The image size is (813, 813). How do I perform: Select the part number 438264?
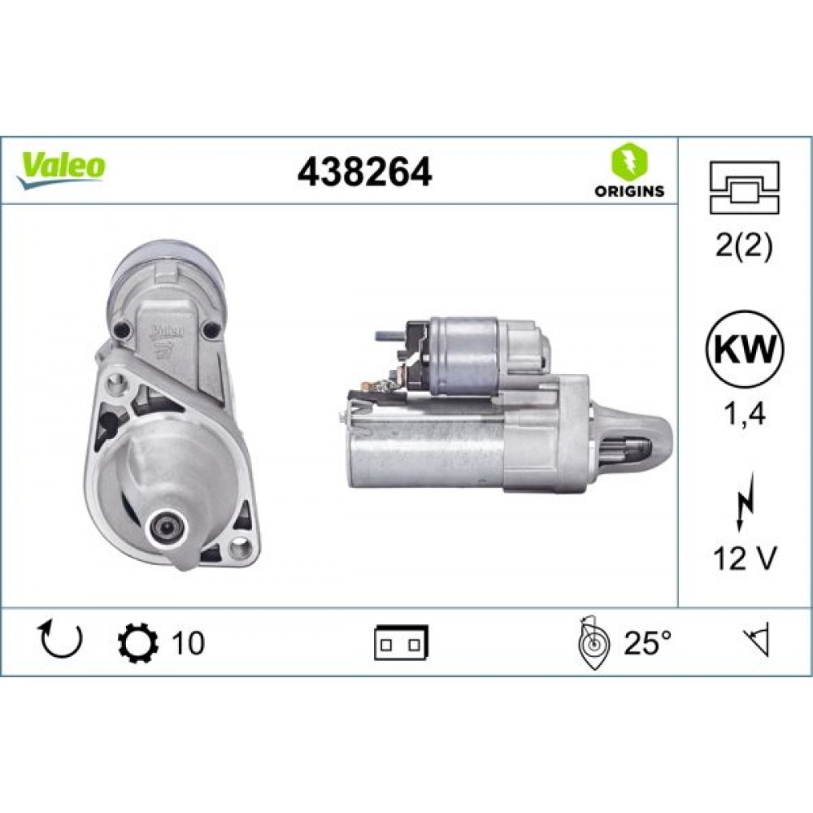(364, 172)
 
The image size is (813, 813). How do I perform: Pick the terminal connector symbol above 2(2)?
(745, 187)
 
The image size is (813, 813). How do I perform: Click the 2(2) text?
(745, 245)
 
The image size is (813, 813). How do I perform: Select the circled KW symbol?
(745, 351)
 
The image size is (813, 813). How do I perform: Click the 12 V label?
(745, 559)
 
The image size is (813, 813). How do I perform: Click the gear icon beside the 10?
(134, 642)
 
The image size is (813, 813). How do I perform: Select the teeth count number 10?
(188, 643)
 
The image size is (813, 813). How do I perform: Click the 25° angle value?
(648, 643)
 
